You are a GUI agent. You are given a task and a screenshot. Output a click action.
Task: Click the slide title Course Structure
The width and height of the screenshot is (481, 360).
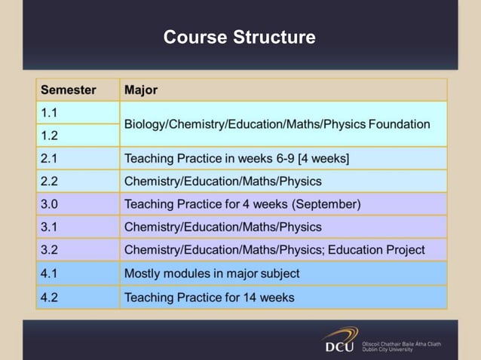click(239, 37)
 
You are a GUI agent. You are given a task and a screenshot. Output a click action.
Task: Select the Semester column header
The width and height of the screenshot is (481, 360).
click(68, 90)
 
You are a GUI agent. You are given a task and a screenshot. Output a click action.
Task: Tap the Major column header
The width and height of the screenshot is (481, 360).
click(141, 90)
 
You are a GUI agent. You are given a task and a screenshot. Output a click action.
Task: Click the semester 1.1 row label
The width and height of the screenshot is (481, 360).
click(50, 113)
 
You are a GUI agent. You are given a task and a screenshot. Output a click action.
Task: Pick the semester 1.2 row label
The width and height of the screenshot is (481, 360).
click(50, 136)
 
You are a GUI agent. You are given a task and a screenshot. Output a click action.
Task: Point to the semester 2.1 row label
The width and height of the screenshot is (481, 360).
click(50, 158)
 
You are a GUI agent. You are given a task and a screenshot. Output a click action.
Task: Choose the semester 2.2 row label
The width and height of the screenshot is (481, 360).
click(50, 181)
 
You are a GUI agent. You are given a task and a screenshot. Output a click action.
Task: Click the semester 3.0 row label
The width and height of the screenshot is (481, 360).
click(50, 204)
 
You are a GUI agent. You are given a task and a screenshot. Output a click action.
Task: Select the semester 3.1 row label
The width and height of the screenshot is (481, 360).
click(50, 227)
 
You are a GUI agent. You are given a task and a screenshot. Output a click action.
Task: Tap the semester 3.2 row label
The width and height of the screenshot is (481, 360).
click(50, 249)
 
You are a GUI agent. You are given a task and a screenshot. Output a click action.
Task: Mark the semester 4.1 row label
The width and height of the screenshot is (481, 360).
click(50, 273)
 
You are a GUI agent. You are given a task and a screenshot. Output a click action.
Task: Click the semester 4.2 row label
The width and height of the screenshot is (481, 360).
click(50, 297)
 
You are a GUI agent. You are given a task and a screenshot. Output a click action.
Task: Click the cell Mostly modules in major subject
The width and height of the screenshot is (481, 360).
click(211, 273)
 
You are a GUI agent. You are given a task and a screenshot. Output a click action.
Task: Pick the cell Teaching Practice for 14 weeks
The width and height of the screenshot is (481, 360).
click(209, 297)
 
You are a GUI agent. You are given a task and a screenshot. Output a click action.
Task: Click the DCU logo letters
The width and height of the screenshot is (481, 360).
click(339, 346)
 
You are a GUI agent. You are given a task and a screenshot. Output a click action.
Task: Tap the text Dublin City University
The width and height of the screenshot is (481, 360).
click(388, 349)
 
